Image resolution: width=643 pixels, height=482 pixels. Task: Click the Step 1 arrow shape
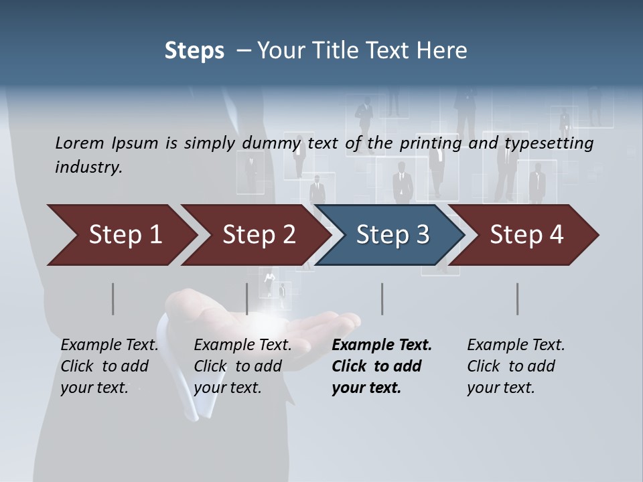124,235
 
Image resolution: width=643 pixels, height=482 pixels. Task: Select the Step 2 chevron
259,235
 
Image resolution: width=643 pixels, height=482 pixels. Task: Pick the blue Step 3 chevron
392,235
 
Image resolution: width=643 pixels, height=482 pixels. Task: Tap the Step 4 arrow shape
526,235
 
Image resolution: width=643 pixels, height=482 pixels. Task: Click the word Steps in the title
194,51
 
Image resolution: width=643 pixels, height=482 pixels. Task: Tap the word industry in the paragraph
88,167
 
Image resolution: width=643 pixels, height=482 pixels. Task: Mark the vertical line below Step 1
113,299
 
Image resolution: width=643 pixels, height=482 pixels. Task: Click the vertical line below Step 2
247,299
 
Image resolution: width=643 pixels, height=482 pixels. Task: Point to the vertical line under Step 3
382,299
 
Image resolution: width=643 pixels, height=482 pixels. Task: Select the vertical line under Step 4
518,299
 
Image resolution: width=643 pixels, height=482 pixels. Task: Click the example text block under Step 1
109,366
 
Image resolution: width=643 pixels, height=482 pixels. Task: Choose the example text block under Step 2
242,366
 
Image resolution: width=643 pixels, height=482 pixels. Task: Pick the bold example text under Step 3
382,366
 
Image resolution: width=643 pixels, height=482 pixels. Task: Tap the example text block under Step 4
516,366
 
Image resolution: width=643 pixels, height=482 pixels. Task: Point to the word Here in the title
444,51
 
